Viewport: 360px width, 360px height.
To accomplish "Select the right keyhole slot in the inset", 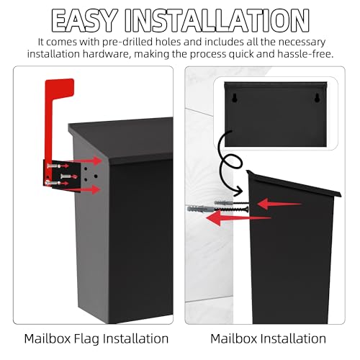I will point(315,97).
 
